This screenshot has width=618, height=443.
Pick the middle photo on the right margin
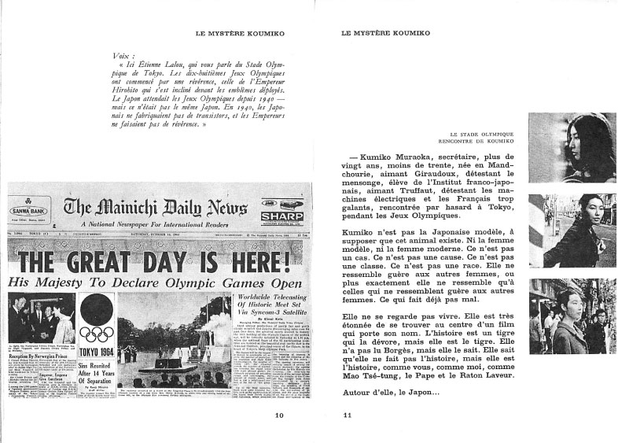(561, 231)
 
